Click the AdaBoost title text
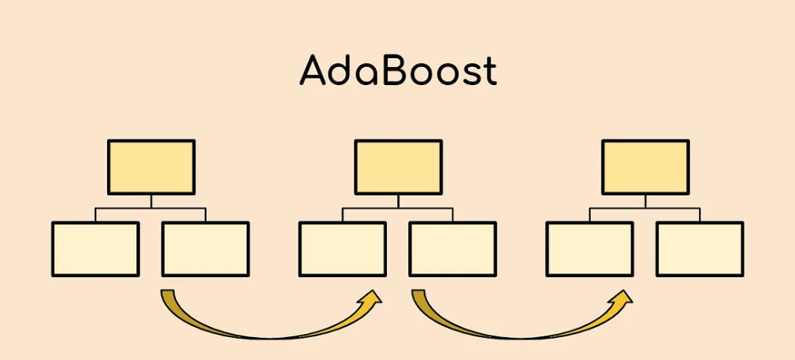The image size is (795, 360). click(x=398, y=71)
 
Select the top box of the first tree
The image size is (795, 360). click(x=150, y=167)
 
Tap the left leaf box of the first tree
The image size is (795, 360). click(x=95, y=249)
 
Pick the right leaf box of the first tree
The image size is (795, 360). click(x=206, y=249)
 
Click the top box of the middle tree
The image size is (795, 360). click(x=398, y=167)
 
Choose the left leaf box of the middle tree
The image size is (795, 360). click(x=343, y=249)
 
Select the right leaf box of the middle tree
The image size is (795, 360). click(x=452, y=249)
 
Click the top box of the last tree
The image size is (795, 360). click(x=645, y=167)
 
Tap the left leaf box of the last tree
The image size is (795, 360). click(x=589, y=249)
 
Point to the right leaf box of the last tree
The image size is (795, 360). click(x=700, y=249)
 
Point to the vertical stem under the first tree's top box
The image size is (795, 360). click(x=150, y=201)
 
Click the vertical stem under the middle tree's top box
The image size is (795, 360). click(x=398, y=201)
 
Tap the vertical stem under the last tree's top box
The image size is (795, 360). click(x=645, y=201)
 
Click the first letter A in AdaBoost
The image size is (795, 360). click(x=314, y=71)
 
